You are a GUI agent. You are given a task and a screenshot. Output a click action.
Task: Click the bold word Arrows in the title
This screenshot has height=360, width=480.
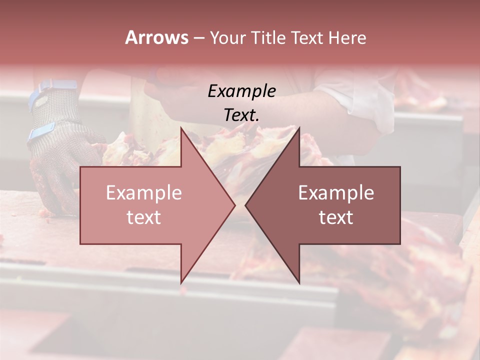coord(156,37)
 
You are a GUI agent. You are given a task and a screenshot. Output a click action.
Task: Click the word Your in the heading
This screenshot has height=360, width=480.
coord(227,37)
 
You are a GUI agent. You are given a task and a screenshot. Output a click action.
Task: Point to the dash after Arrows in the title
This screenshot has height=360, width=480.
coord(198,38)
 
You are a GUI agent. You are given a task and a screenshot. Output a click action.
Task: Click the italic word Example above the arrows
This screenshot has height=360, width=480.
coord(241,91)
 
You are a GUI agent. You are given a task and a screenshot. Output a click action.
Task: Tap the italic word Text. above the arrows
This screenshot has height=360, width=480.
coord(241,115)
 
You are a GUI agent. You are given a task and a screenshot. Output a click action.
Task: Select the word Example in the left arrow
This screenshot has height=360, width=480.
coord(144,193)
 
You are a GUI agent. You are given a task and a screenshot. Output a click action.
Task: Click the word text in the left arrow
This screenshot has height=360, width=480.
coord(144,217)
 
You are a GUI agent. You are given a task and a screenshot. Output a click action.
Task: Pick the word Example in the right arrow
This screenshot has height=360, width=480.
coord(336,193)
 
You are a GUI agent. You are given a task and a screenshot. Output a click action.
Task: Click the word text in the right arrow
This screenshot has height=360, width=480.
coord(336,217)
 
